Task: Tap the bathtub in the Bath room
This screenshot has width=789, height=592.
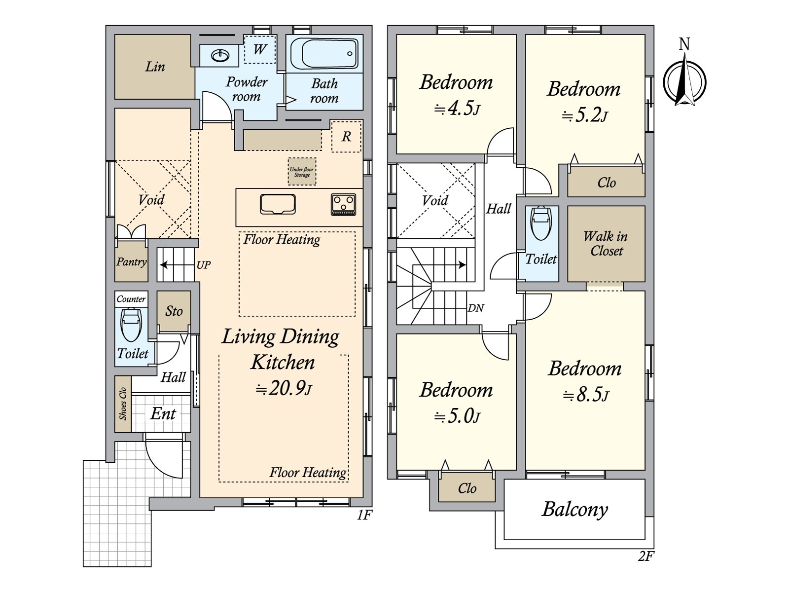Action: [324, 54]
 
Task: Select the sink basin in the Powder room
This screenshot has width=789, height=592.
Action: [220, 55]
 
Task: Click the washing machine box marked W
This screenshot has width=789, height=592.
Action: [260, 49]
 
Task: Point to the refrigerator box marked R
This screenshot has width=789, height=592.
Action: [346, 137]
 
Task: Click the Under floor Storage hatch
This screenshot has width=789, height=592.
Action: [302, 172]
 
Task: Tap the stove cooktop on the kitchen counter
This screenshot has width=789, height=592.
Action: [344, 205]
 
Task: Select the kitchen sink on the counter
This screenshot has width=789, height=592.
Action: [278, 204]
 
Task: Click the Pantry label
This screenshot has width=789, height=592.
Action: [132, 261]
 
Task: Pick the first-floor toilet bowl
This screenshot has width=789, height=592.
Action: [131, 325]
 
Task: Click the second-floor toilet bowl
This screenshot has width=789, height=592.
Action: [541, 223]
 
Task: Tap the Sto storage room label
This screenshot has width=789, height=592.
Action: [174, 311]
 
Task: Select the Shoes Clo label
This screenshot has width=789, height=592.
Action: [123, 404]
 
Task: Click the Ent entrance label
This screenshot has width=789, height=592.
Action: [163, 413]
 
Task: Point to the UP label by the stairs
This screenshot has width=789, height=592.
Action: [204, 265]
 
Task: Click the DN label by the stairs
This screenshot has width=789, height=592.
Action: [476, 308]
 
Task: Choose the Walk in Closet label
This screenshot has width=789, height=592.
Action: [606, 243]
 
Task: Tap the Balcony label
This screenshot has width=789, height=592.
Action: [574, 510]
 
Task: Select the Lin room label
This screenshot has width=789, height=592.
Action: [155, 67]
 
